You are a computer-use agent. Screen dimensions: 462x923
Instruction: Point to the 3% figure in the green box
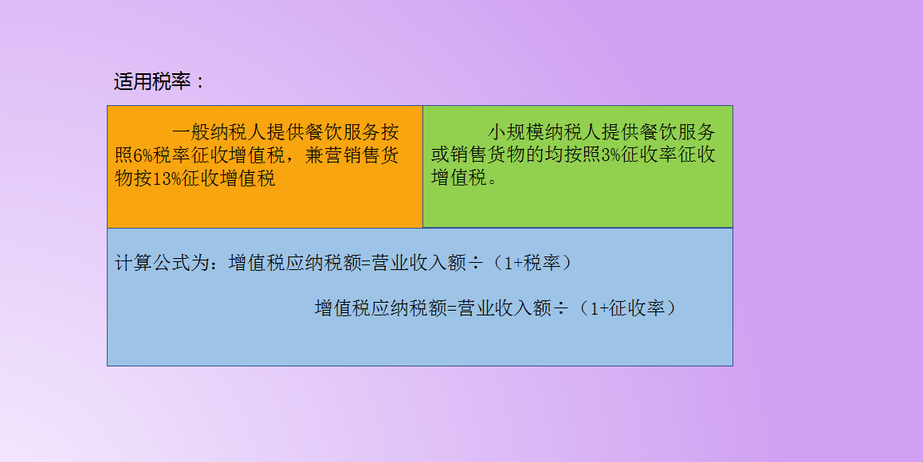(x=611, y=155)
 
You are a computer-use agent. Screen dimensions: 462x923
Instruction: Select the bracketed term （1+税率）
(x=532, y=263)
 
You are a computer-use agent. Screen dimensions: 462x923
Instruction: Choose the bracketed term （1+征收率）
(x=628, y=308)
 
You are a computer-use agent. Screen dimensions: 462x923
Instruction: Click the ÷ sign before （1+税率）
(x=475, y=263)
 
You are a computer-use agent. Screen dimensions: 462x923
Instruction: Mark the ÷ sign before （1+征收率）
(x=561, y=308)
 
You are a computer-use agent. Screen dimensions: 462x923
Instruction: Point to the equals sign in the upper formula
(x=367, y=263)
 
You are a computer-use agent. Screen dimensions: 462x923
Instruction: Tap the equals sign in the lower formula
(x=453, y=308)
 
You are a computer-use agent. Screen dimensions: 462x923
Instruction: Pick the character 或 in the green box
(x=441, y=155)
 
